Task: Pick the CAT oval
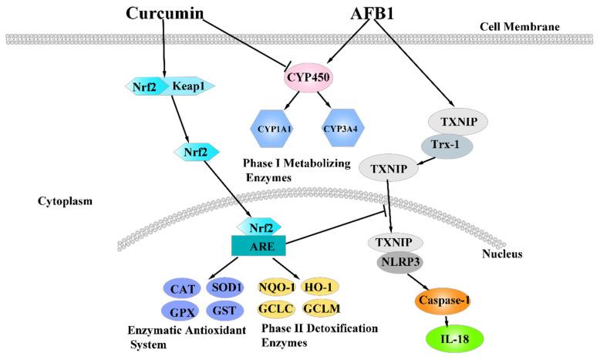click(183, 288)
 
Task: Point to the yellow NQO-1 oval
click(278, 287)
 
